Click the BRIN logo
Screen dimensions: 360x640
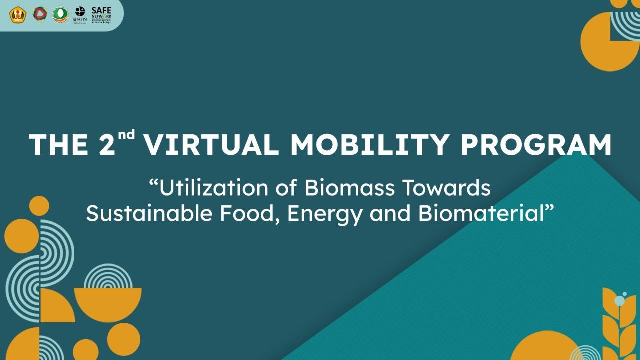tap(80, 14)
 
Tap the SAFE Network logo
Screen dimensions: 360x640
tap(101, 15)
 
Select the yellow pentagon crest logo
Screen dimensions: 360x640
tap(16, 14)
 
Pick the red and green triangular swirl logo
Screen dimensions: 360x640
tap(39, 14)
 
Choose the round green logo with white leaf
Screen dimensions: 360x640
tap(60, 14)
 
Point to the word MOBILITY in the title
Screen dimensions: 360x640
tap(369, 145)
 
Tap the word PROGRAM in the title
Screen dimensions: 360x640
tap(535, 145)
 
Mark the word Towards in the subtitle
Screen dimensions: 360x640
tap(446, 188)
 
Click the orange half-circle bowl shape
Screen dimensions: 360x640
tap(108, 303)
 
